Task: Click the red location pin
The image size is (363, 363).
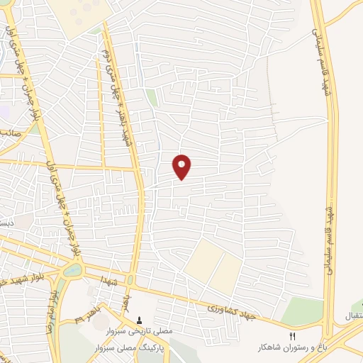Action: click(x=182, y=166)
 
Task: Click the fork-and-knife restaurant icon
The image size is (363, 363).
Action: click(x=292, y=335)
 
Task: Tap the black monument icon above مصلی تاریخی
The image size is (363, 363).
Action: click(x=139, y=320)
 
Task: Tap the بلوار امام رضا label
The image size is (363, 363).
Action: click(x=51, y=312)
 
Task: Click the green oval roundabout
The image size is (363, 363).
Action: click(x=72, y=270)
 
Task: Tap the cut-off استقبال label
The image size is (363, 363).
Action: click(x=352, y=314)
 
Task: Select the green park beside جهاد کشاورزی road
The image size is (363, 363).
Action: click(x=301, y=311)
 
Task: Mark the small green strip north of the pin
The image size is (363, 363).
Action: click(x=152, y=97)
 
